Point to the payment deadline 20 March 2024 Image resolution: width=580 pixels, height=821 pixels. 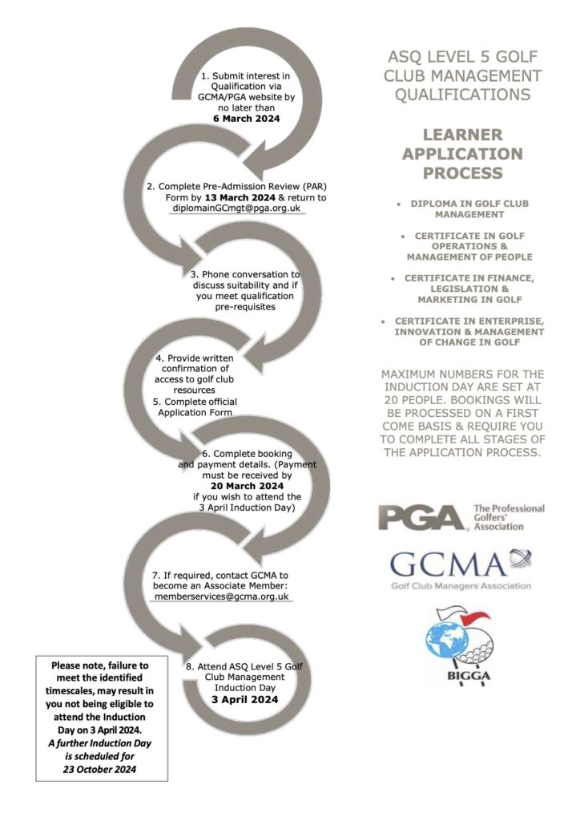pyautogui.click(x=248, y=486)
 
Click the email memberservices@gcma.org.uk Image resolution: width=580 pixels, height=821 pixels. pyautogui.click(x=220, y=597)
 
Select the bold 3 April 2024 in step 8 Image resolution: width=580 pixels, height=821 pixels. pyautogui.click(x=245, y=699)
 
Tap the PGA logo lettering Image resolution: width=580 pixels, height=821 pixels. pyautogui.click(x=422, y=517)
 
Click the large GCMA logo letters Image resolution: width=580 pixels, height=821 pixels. pyautogui.click(x=449, y=564)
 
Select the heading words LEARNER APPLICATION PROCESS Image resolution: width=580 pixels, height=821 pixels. pyautogui.click(x=462, y=153)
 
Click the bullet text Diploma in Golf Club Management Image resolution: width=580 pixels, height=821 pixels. pyautogui.click(x=462, y=209)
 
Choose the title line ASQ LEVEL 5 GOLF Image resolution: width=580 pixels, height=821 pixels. pyautogui.click(x=462, y=58)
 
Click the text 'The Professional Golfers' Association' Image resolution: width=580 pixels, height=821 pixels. pyautogui.click(x=509, y=518)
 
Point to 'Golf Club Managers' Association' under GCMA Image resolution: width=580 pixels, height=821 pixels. pyautogui.click(x=461, y=585)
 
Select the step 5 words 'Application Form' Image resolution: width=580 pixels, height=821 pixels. pyautogui.click(x=195, y=412)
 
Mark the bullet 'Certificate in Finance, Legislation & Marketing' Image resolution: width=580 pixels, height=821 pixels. pyautogui.click(x=462, y=289)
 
